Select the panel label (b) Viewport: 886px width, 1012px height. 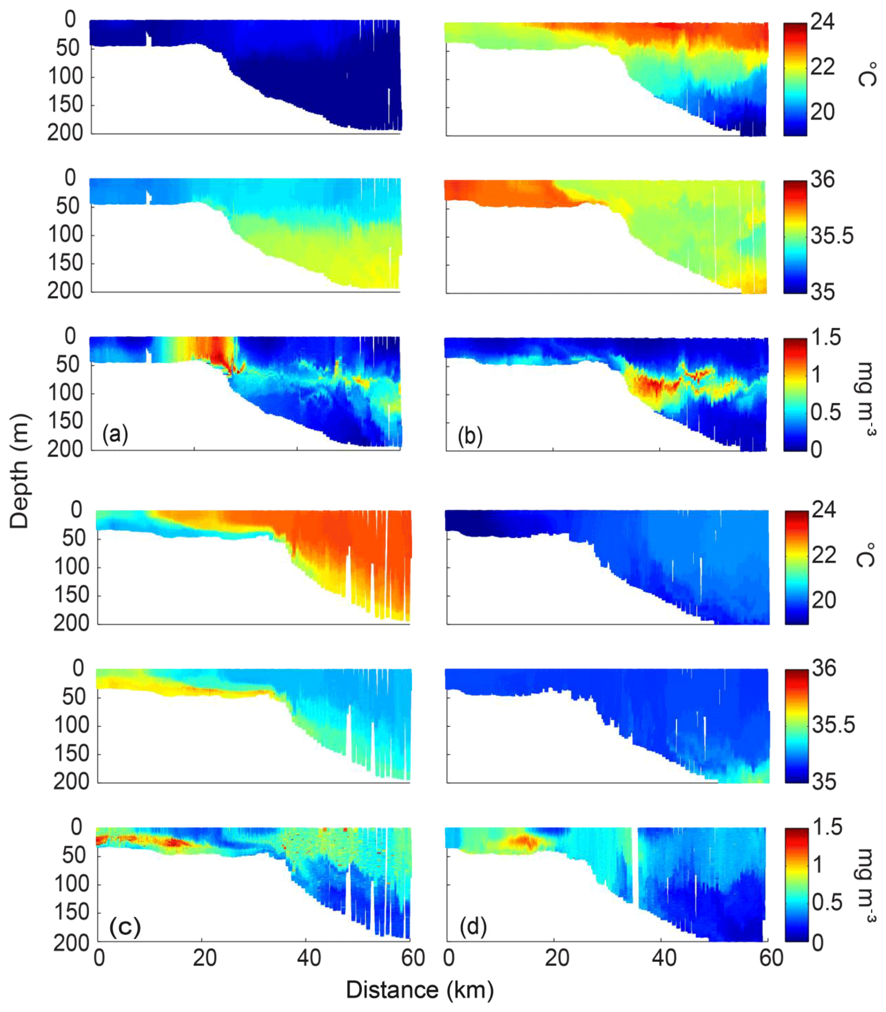[x=470, y=436]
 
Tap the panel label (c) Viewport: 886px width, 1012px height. [x=125, y=927]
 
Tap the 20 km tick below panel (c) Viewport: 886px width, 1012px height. [x=204, y=958]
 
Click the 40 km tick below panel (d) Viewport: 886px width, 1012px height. [x=664, y=958]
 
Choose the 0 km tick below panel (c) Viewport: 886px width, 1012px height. [x=99, y=958]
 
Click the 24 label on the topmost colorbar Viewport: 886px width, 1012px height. [x=822, y=22]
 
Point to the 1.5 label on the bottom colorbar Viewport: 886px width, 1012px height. [x=827, y=826]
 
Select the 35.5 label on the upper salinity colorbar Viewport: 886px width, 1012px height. [x=832, y=236]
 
